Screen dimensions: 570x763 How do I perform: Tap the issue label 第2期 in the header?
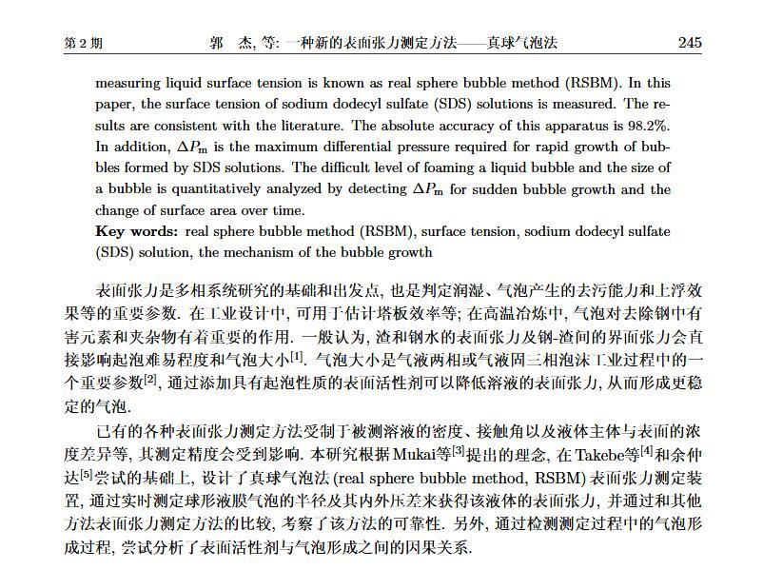point(83,44)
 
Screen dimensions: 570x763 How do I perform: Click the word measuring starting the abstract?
point(128,83)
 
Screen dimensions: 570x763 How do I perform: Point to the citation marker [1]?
point(297,355)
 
